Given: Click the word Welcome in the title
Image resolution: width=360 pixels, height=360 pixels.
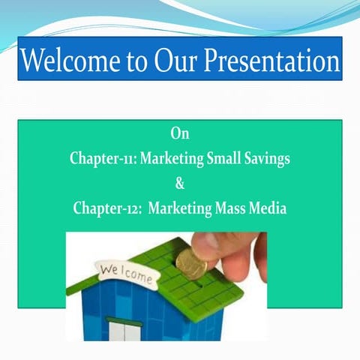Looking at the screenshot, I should pyautogui.click(x=71, y=59).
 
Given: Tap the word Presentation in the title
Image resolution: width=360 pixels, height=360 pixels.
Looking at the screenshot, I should pyautogui.click(x=277, y=59).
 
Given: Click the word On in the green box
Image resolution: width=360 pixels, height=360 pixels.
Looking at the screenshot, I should pyautogui.click(x=179, y=134).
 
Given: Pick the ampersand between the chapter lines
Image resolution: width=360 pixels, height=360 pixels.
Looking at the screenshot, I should pyautogui.click(x=179, y=184).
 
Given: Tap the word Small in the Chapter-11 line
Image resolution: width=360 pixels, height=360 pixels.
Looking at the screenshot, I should pyautogui.click(x=220, y=159).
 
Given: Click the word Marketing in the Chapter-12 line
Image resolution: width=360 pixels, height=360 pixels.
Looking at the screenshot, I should pyautogui.click(x=181, y=208).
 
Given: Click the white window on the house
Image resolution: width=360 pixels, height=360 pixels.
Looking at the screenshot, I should pyautogui.click(x=124, y=330).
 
